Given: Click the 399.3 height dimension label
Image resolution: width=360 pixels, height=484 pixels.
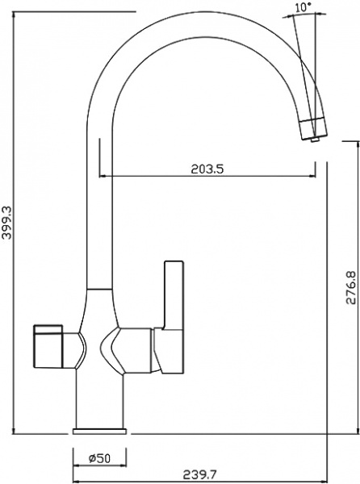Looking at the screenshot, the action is (x=6, y=222).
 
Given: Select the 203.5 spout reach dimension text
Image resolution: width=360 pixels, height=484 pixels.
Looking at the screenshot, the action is (x=207, y=169).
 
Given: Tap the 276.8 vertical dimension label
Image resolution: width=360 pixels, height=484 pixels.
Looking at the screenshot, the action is (x=350, y=287).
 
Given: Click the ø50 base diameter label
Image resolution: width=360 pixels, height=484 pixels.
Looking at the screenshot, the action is (x=99, y=458).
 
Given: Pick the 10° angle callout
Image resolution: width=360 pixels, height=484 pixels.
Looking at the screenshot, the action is (x=303, y=7).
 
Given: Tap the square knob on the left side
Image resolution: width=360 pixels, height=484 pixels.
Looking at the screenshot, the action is (x=48, y=346).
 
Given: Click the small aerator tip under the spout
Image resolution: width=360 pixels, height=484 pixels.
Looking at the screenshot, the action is (x=315, y=140).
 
